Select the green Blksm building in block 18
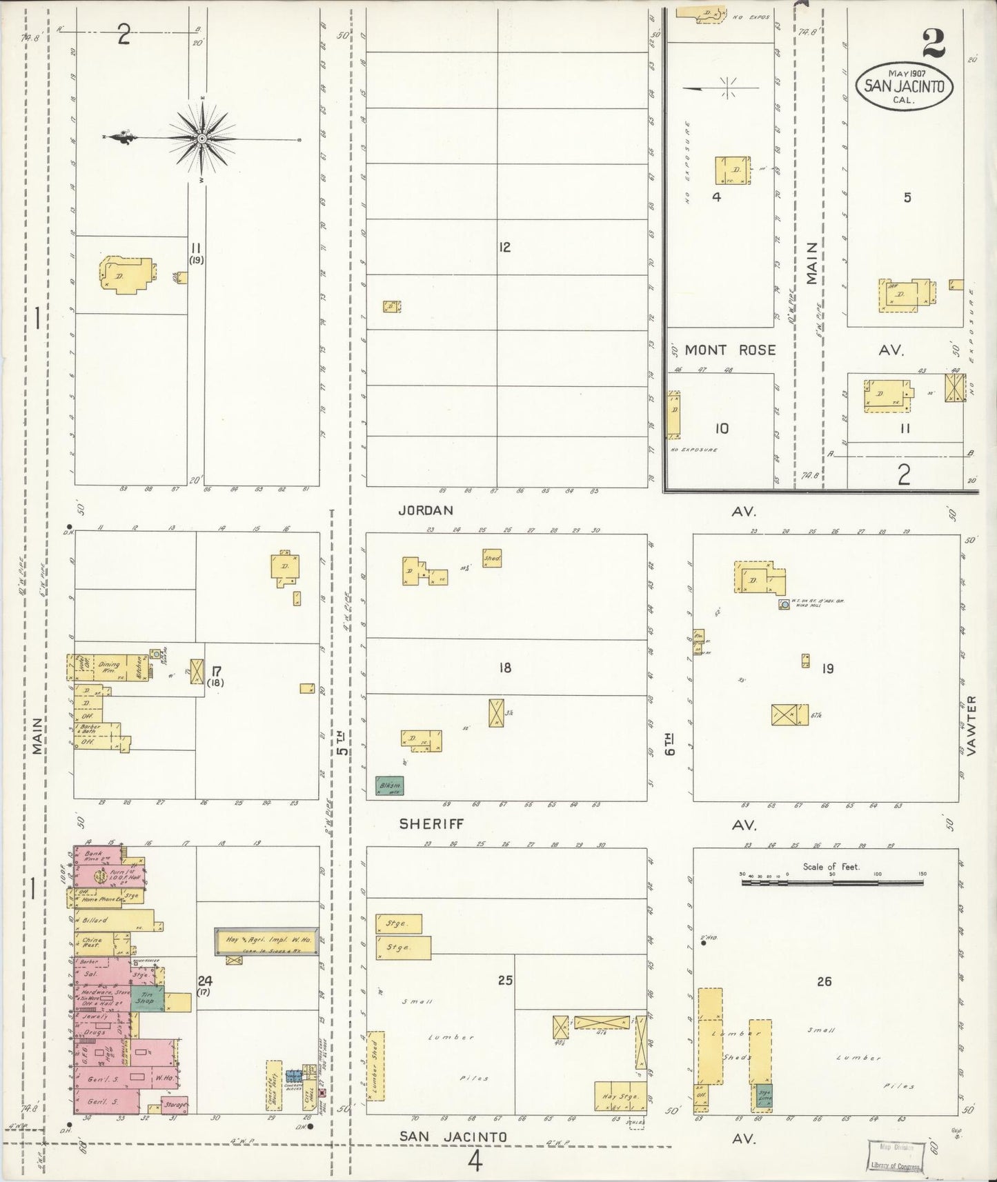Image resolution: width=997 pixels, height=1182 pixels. click(x=389, y=785)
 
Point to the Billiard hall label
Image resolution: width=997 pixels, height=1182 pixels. click(x=96, y=920)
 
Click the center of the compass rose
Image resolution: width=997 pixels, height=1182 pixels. click(x=201, y=139)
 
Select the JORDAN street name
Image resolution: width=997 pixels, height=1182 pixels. click(x=425, y=510)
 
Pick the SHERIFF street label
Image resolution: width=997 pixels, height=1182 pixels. click(x=431, y=823)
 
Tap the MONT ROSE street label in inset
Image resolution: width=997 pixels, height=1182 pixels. click(x=730, y=350)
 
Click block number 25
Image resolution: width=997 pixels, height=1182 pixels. click(x=504, y=979)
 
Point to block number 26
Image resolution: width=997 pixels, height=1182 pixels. click(x=824, y=981)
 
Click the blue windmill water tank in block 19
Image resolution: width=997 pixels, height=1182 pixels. click(x=784, y=604)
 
